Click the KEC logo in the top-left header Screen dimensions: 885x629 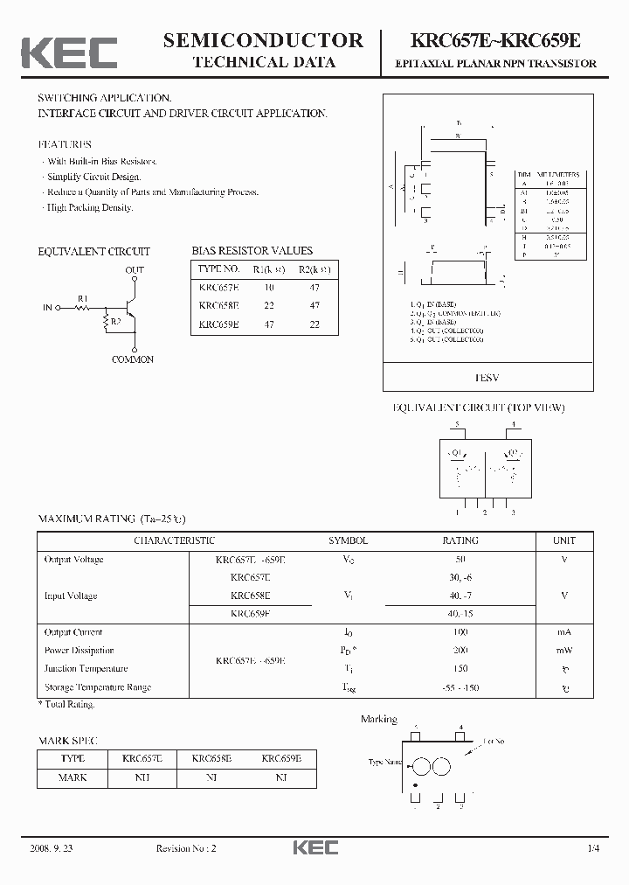click(69, 52)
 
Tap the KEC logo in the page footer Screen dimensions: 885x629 click(314, 847)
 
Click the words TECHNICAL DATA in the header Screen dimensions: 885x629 click(263, 62)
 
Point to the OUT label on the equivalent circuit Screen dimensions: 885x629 click(135, 270)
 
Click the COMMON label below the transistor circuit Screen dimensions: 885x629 click(133, 359)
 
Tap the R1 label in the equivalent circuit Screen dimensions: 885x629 click(83, 298)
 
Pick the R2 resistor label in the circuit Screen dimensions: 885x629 click(115, 321)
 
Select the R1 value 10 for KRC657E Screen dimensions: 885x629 click(269, 287)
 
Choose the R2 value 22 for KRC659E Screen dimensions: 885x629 click(314, 324)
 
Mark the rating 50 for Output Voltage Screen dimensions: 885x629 click(460, 560)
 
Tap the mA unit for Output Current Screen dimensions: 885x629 click(564, 632)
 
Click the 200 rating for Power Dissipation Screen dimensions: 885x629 click(460, 651)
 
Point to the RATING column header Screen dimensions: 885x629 click(460, 540)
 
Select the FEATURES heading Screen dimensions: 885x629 click(64, 144)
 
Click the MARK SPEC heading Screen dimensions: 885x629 click(66, 741)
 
